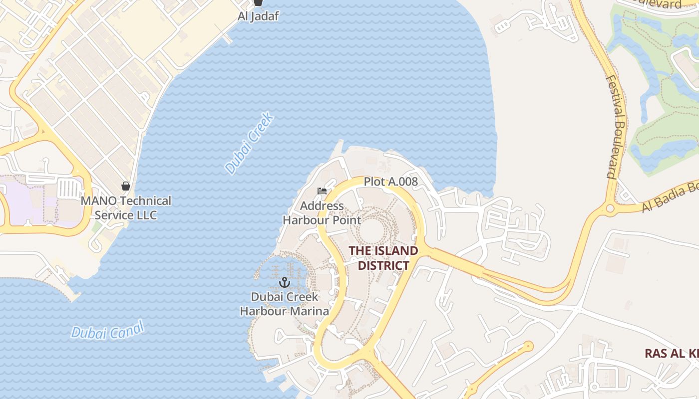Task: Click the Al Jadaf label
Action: (258, 16)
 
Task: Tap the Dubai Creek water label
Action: (249, 144)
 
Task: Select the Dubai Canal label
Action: (107, 330)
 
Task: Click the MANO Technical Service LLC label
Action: (126, 208)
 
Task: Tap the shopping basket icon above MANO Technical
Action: (125, 186)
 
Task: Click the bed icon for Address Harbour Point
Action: (322, 191)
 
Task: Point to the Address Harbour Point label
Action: (322, 212)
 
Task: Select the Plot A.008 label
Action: (390, 182)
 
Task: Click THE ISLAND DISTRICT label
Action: (383, 258)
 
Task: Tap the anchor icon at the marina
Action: (284, 283)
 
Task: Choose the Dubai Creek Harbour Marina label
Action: (284, 304)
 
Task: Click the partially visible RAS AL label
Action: (671, 354)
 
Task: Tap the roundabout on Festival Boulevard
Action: (609, 208)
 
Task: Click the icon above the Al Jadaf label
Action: (258, 2)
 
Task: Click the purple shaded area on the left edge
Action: (20, 199)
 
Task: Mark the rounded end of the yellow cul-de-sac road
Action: (528, 346)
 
